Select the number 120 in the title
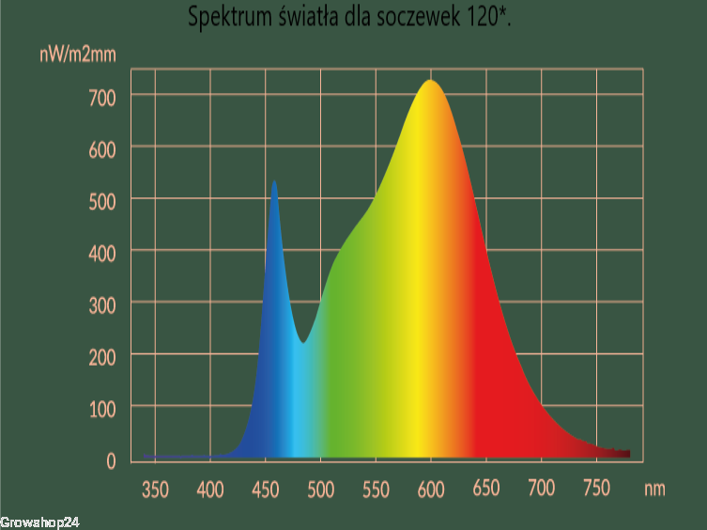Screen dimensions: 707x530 pos(483,17)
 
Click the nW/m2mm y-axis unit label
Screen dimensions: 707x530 pos(78,55)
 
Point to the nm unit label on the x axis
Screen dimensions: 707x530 pos(654,489)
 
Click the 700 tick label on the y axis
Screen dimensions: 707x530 pos(102,98)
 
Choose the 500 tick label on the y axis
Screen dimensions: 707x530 pos(102,202)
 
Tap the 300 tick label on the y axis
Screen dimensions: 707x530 pos(102,305)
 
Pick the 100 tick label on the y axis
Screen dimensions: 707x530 pos(102,410)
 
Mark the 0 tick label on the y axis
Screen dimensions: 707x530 pos(111,460)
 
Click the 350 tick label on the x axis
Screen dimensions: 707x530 pos(155,490)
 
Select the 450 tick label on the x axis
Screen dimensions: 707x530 pos(265,490)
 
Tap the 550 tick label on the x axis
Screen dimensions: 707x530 pos(376,490)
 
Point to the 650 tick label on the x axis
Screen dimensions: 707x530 pos(486,488)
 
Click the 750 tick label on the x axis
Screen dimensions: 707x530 pos(596,488)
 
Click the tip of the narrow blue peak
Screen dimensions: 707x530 pos(274,181)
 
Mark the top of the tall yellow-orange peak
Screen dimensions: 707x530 pos(431,81)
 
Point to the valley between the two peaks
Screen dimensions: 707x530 pos(303,342)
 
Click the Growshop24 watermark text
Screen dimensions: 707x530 pos(39,522)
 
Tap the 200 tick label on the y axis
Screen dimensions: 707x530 pos(102,357)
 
